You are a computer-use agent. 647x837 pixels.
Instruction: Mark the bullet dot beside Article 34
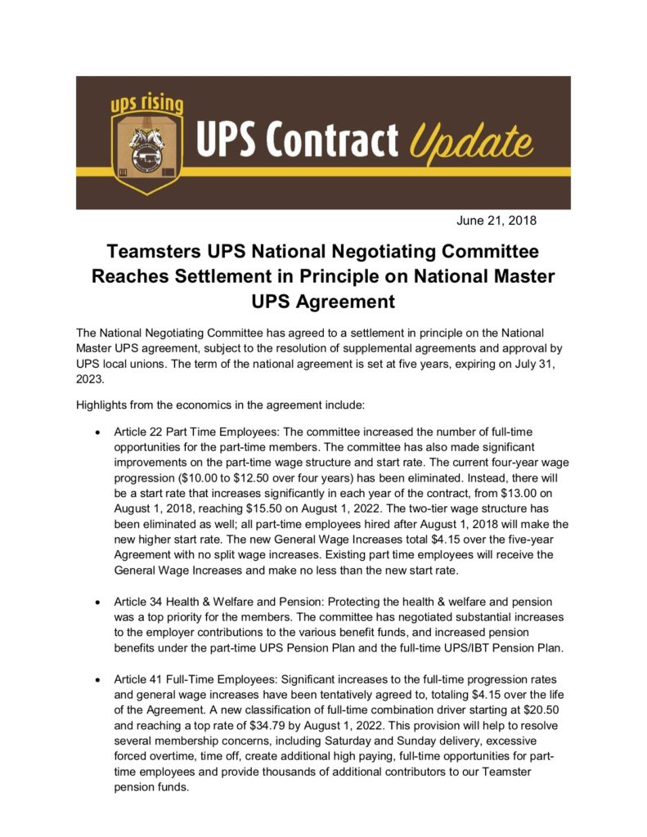[x=98, y=601]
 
